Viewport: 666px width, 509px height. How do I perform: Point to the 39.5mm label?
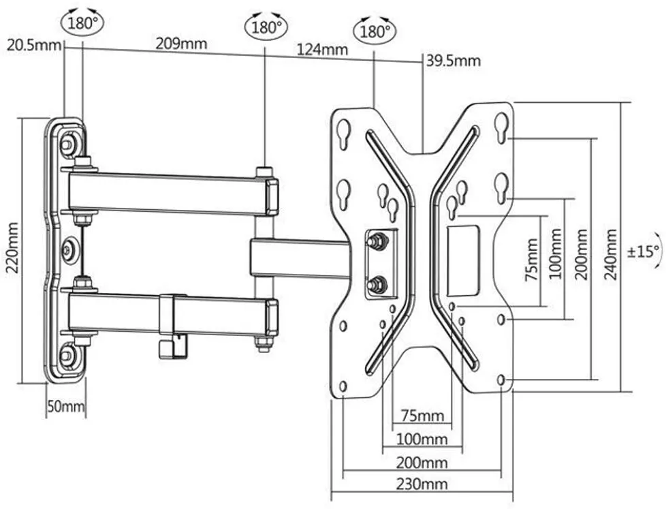[x=454, y=61]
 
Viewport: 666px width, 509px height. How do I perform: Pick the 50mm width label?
[x=66, y=407]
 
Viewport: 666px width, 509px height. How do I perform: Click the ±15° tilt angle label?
[x=643, y=251]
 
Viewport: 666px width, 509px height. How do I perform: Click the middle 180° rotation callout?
[x=265, y=28]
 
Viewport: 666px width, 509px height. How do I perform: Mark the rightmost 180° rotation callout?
[x=374, y=31]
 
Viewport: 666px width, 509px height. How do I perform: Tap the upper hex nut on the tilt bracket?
[x=376, y=240]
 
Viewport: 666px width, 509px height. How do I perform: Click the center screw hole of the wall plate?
[x=68, y=250]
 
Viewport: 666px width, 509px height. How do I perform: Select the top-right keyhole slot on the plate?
[x=502, y=127]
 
